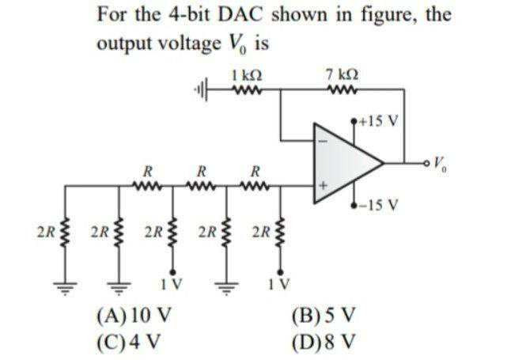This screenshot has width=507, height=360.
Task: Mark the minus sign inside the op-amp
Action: (x=322, y=142)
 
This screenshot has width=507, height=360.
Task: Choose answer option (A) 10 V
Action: (x=129, y=323)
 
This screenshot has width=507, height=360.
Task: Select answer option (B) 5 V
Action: (x=326, y=323)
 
